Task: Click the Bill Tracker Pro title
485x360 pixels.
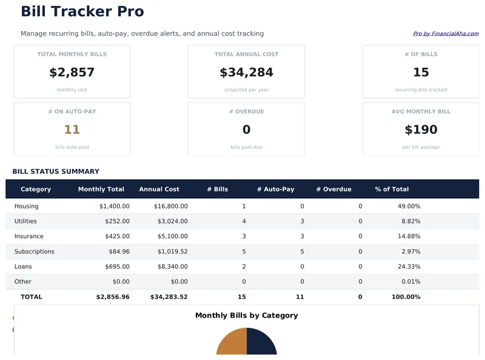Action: point(82,12)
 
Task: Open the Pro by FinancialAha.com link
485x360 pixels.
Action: point(446,34)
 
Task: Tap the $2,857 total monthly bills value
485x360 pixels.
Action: point(72,73)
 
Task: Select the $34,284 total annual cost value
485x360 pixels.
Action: point(246,73)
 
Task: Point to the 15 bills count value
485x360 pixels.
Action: point(421,73)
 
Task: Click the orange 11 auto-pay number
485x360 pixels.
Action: point(72,130)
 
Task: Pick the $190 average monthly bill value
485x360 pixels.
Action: point(421,130)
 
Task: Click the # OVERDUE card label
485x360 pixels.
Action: point(246,112)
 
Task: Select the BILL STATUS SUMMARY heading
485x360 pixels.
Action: point(56,172)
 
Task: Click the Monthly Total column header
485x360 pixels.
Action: point(101,189)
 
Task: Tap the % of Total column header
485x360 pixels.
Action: point(392,189)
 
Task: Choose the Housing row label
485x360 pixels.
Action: point(27,206)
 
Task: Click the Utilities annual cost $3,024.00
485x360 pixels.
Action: point(172,221)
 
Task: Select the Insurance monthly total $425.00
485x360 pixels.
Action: point(115,236)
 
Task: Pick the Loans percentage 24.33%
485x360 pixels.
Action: point(408,267)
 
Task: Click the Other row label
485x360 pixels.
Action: point(22,282)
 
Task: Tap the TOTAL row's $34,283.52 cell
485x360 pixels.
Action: point(169,297)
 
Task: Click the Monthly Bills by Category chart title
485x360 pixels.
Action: point(246,315)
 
